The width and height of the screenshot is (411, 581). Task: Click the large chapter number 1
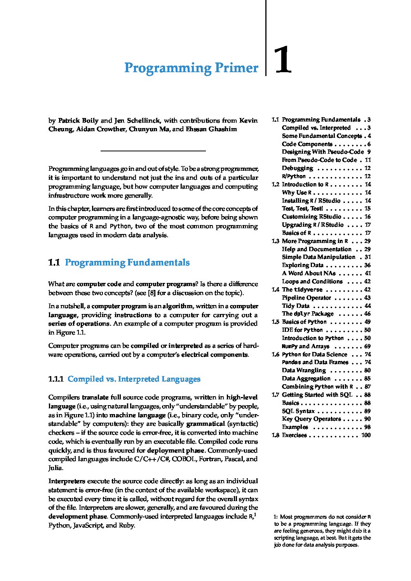282,60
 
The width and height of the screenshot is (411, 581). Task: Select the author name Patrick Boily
78,120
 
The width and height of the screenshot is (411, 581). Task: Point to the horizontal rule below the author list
153,151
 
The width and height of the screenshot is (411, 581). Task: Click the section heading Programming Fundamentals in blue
127,263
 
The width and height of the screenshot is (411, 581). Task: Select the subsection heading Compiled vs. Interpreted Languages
134,379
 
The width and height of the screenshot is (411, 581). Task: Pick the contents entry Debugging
297,168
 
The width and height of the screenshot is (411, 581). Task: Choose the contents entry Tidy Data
296,306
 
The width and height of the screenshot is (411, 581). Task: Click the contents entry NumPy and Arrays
305,346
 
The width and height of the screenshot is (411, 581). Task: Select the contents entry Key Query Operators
311,419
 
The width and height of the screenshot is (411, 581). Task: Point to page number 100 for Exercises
366,435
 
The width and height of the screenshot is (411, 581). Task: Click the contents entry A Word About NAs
308,273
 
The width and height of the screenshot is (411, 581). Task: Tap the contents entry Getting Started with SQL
317,395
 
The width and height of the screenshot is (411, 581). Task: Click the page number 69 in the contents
367,346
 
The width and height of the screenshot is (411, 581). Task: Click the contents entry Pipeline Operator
306,298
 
